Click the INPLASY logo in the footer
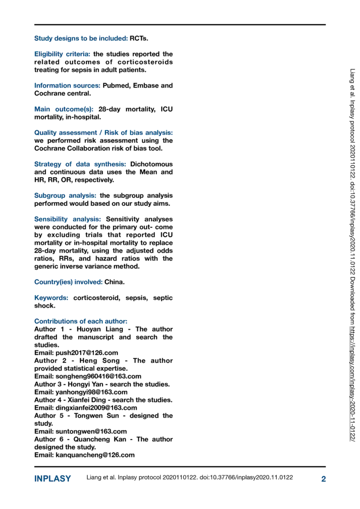(x=52, y=479)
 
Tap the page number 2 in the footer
(x=323, y=479)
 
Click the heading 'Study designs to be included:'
(x=81, y=38)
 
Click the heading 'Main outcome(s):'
(x=64, y=109)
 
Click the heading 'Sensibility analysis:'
(x=67, y=219)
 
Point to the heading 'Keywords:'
(x=52, y=298)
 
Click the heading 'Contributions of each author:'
(x=81, y=322)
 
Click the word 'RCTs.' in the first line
(x=139, y=38)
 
